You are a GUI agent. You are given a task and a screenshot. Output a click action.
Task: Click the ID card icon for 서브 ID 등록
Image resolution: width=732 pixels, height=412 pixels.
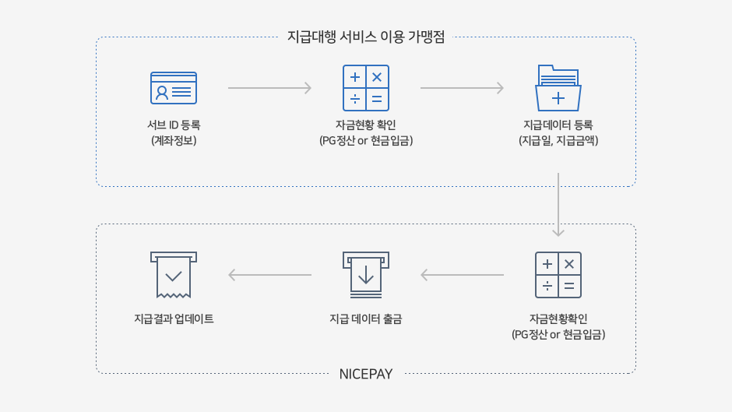(174, 88)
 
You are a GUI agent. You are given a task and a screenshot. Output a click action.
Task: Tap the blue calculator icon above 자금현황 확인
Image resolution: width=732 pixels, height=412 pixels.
(366, 88)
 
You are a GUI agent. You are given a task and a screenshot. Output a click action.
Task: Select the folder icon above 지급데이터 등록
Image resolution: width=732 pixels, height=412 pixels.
(558, 88)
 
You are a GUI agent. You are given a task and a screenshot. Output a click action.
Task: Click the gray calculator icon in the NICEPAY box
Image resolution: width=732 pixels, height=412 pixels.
(558, 275)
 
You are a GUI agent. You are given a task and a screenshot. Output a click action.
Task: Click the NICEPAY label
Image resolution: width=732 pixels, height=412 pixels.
(366, 374)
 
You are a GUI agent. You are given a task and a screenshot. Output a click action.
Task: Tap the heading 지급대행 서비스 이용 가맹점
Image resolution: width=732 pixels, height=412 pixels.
(366, 37)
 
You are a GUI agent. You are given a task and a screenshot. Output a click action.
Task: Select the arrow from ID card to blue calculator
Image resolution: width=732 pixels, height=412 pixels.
(270, 88)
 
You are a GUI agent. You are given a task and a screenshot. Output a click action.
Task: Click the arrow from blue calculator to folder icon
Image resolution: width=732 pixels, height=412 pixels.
(462, 88)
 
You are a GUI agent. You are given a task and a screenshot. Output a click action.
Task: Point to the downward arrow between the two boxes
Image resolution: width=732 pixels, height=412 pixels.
(558, 205)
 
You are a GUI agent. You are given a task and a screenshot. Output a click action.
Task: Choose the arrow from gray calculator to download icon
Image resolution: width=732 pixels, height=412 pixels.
(462, 275)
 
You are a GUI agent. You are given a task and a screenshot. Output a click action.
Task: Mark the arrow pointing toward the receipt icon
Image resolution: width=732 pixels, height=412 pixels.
(270, 275)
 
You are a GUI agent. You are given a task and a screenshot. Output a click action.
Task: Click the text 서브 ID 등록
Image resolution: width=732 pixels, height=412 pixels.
(174, 125)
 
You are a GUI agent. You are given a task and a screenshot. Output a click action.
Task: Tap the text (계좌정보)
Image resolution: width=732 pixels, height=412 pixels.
(174, 141)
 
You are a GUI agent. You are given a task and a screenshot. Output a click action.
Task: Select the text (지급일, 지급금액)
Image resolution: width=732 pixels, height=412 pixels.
(558, 141)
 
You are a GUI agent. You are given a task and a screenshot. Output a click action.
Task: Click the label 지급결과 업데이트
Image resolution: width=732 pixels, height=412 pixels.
(174, 319)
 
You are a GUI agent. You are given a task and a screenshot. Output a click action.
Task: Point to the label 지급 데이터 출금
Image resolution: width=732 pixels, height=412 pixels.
(366, 319)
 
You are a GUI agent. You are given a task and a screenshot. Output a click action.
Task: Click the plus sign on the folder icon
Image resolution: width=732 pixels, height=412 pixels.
(558, 98)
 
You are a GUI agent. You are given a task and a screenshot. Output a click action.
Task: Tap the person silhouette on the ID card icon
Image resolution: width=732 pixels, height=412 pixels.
(162, 93)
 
